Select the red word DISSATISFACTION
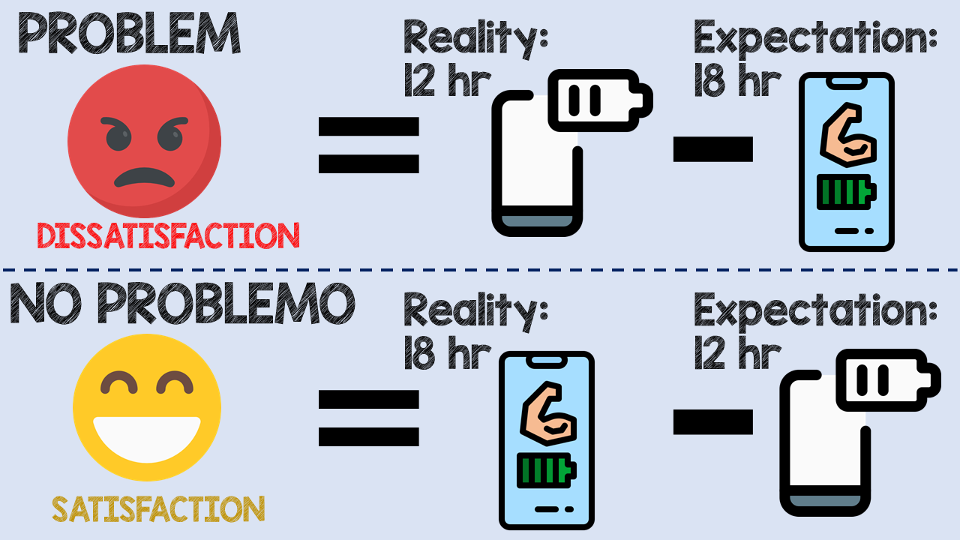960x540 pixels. [x=168, y=235]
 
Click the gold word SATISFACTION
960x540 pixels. [x=158, y=509]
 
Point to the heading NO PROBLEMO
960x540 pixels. [x=182, y=305]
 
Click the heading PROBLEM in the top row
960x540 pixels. [x=128, y=34]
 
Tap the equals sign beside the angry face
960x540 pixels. [x=368, y=145]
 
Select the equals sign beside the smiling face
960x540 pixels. [x=368, y=418]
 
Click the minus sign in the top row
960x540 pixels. [x=712, y=148]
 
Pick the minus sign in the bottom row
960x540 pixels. [x=712, y=421]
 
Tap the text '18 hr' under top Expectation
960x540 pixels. [x=737, y=81]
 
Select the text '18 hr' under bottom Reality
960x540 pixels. [x=447, y=354]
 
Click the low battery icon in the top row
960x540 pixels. [x=600, y=100]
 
